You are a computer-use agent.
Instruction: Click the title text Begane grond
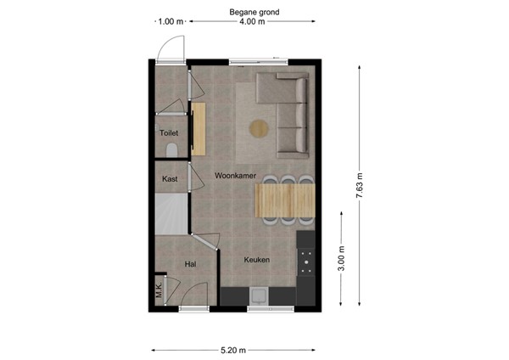pos(254,13)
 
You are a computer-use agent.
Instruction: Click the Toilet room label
pos(170,132)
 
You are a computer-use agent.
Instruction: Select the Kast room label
pos(170,179)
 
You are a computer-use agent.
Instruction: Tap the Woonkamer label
pos(235,175)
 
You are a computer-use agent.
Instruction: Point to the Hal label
pos(191,265)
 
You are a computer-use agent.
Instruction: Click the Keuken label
pos(257,260)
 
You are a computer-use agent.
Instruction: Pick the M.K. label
pos(159,289)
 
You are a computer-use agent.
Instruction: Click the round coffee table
pos(258,128)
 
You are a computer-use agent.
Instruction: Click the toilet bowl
pos(172,149)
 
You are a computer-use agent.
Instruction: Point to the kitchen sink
pos(259,295)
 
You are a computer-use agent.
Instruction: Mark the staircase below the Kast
pos(170,216)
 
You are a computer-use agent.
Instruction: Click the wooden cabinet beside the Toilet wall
pos(199,129)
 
